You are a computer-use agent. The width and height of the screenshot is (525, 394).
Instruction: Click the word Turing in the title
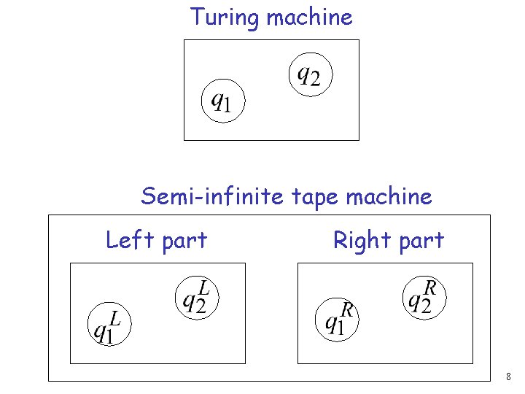coord(225,18)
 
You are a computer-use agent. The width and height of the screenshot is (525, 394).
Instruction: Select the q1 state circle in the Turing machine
coord(222,101)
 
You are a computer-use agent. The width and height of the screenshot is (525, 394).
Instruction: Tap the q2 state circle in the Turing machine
coord(310,73)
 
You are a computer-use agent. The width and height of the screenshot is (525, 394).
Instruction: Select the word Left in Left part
coord(128,239)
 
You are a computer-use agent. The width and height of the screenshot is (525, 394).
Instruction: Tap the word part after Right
coord(419,241)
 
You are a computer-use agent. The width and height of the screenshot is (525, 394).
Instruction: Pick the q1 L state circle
coord(108,324)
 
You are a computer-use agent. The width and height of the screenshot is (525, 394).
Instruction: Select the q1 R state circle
coord(336,318)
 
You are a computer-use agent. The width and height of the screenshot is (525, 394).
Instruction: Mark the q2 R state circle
coord(423,296)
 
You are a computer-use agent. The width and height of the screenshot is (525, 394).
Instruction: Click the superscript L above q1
coord(116,317)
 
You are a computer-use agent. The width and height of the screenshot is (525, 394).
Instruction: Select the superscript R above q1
coord(347,311)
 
